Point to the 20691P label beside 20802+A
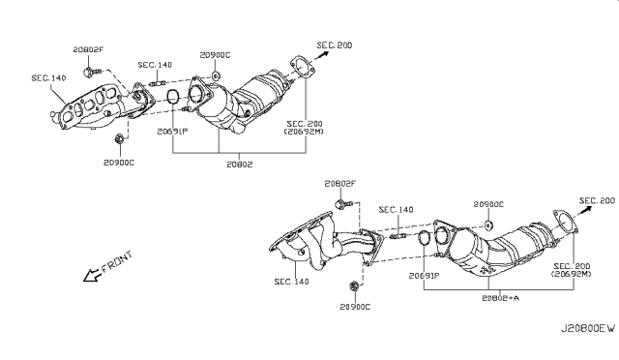click(423, 276)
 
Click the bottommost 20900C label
click(354, 307)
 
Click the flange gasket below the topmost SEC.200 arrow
click(302, 69)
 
